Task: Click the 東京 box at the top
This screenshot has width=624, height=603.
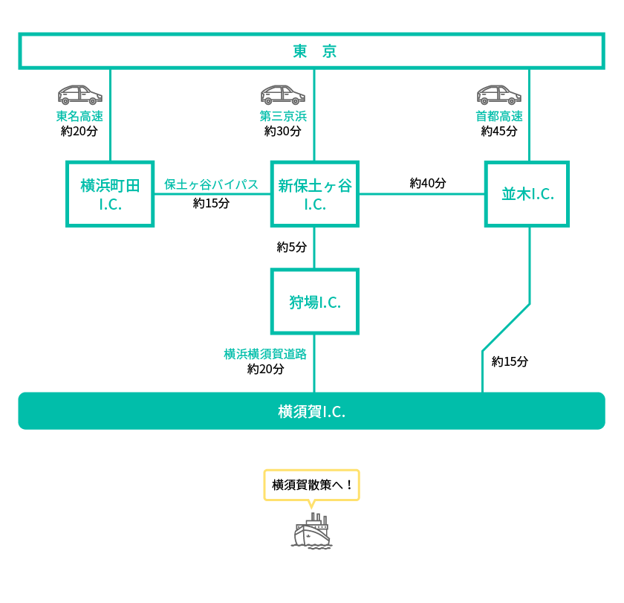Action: coord(312,51)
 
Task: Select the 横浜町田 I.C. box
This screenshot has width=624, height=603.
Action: coord(110,194)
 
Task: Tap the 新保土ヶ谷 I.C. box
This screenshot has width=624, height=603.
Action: coord(314,194)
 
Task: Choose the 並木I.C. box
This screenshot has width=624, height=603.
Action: coord(527,194)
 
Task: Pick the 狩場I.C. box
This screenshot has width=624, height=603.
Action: coord(314,302)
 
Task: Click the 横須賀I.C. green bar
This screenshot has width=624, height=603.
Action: coord(312,411)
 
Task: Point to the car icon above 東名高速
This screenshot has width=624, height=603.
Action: coord(80,94)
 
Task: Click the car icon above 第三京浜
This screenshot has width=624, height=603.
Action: coord(283,94)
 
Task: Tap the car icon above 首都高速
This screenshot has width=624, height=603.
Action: coord(499,94)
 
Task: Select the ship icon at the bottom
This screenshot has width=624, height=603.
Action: coord(312,531)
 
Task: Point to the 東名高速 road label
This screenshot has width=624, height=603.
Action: coord(79,116)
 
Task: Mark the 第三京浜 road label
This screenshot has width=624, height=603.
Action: coord(283,116)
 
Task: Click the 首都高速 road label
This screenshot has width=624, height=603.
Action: coord(499,116)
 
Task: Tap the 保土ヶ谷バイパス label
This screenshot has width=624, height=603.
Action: coord(211,184)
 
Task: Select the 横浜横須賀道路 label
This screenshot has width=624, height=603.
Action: coord(265,354)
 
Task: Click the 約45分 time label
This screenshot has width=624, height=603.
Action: coord(499,131)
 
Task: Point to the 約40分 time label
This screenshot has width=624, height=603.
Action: coord(428,183)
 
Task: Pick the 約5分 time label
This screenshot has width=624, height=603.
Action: coord(292,247)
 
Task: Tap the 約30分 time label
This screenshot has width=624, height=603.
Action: coord(283,131)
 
